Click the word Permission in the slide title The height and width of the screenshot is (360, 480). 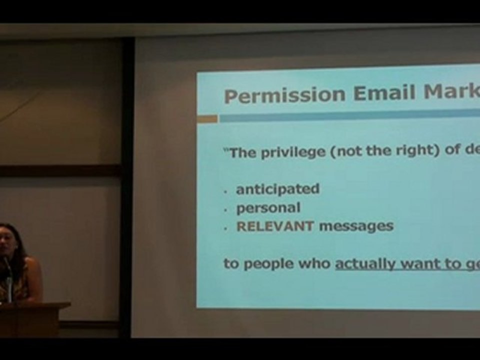pyautogui.click(x=284, y=94)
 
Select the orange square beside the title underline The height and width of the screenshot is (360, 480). pyautogui.click(x=207, y=119)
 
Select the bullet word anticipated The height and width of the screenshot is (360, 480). pyautogui.click(x=277, y=189)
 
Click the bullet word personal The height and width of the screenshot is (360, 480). pyautogui.click(x=268, y=207)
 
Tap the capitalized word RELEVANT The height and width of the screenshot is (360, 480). pyautogui.click(x=275, y=226)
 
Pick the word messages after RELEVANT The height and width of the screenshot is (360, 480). pyautogui.click(x=356, y=226)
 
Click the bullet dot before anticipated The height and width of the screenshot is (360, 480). pyautogui.click(x=226, y=191)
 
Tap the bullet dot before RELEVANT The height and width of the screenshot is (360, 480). pyautogui.click(x=226, y=228)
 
